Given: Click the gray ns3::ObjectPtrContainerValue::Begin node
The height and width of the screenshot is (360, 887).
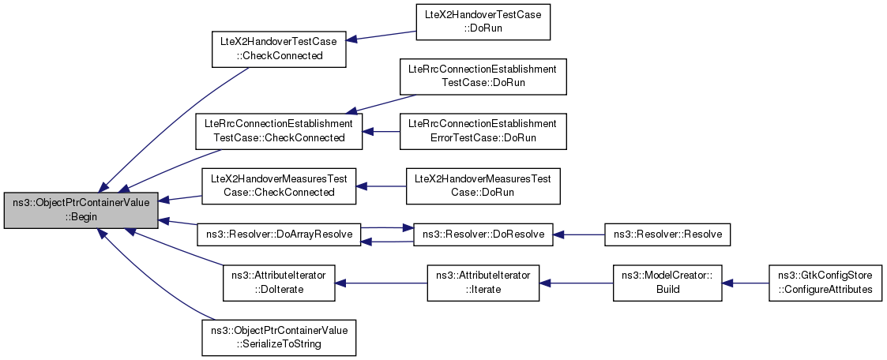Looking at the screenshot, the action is pos(81,210).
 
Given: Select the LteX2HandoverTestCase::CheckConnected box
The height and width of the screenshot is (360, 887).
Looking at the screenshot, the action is pos(279,49).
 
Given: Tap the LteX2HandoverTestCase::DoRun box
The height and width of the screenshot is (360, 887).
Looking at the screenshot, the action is pos(483,21).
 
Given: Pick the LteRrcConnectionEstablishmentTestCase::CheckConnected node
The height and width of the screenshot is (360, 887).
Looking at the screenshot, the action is pos(278,132).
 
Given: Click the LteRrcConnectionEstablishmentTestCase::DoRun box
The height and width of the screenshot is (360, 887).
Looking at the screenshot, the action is pos(483,77).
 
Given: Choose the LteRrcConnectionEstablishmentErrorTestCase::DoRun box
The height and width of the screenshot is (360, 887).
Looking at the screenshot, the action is pos(483,132).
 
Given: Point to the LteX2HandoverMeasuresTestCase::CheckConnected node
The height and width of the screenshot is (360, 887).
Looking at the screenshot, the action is pos(279,186).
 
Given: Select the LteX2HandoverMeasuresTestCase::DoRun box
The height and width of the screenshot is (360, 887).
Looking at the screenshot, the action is pos(483,186).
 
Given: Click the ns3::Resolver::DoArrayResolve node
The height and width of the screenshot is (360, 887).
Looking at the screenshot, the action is pos(279,234).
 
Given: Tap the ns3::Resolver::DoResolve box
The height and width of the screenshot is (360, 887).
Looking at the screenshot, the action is pos(483,234).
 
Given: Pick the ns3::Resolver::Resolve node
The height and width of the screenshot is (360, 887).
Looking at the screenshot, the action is pos(667,234).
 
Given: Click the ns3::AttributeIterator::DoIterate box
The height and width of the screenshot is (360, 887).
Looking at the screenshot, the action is pos(279,283).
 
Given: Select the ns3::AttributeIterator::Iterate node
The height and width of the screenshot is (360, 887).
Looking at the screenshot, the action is pos(483,283).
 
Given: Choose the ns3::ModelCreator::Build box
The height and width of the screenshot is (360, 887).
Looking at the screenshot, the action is pos(667,283).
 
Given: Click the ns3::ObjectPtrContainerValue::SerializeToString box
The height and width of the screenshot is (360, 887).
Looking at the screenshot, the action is pos(279,338).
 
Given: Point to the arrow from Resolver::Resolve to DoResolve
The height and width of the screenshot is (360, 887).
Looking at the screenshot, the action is pos(579,234).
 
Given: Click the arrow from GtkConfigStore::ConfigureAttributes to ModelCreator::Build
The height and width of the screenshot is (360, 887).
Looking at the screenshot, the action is pos(745,283).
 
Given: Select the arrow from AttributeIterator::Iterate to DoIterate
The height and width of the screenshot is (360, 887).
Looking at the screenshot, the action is pos(381,283).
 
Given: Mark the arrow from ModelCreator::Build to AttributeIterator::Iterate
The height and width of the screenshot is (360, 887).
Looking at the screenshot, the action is pos(576,283).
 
